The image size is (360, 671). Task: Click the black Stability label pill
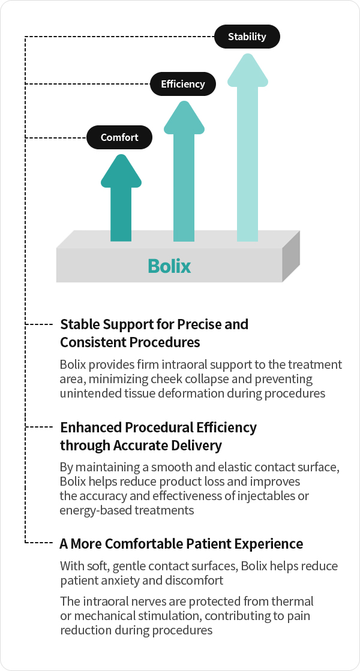coord(247,37)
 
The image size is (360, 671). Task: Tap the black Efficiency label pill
coord(183,84)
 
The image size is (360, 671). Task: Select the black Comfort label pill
coord(119,137)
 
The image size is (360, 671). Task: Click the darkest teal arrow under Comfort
coord(121,198)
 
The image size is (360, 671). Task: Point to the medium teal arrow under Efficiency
coord(184,171)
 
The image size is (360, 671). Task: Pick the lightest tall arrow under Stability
coord(247,147)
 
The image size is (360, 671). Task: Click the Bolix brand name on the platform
coord(169,266)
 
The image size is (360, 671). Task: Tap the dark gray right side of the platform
coord(291,256)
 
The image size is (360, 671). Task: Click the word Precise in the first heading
coord(199,324)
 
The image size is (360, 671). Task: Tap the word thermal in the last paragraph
coord(293,601)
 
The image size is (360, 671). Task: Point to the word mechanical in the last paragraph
coord(103,616)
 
